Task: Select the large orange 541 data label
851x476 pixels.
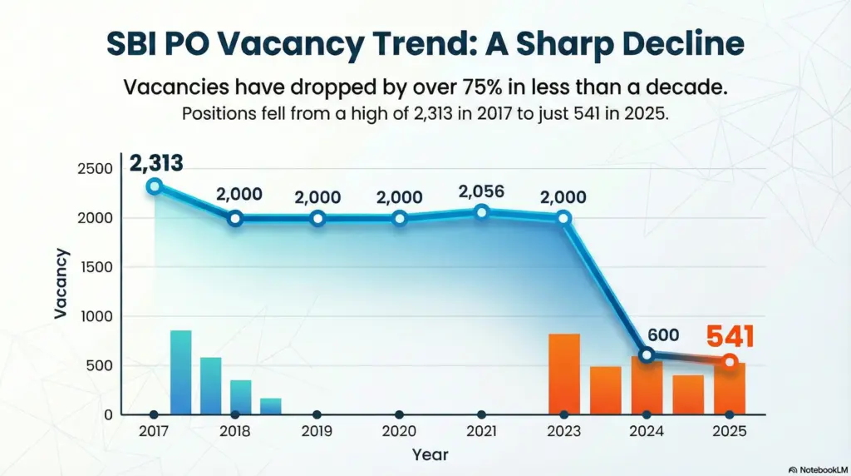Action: (730, 336)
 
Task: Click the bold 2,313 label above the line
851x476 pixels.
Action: (155, 164)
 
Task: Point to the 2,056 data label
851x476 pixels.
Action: (482, 191)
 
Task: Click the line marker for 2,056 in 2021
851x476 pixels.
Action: (482, 212)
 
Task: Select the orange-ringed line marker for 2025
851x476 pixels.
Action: (730, 361)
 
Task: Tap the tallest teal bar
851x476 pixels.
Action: (180, 372)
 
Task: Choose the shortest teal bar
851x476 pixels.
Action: (270, 406)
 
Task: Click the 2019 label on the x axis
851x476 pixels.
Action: (317, 432)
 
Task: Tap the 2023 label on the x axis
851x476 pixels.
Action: (564, 432)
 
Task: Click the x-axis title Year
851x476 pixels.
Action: (430, 454)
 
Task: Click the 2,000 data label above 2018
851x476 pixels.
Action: (239, 195)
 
